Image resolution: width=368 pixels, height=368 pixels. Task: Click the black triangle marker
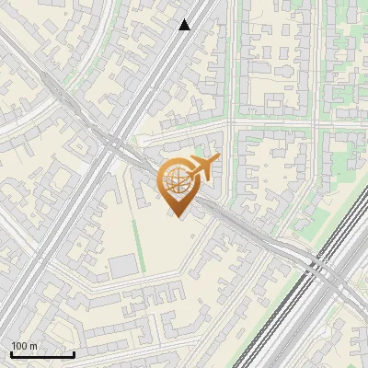[185, 25]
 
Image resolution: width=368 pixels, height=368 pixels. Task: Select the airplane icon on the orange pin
[204, 167]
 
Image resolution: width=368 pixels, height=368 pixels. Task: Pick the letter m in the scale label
[33, 346]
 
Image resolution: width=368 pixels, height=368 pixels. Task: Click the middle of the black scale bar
[42, 354]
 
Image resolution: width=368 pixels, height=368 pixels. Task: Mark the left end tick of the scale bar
[11, 353]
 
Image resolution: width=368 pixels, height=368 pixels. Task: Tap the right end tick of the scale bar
[74, 353]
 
